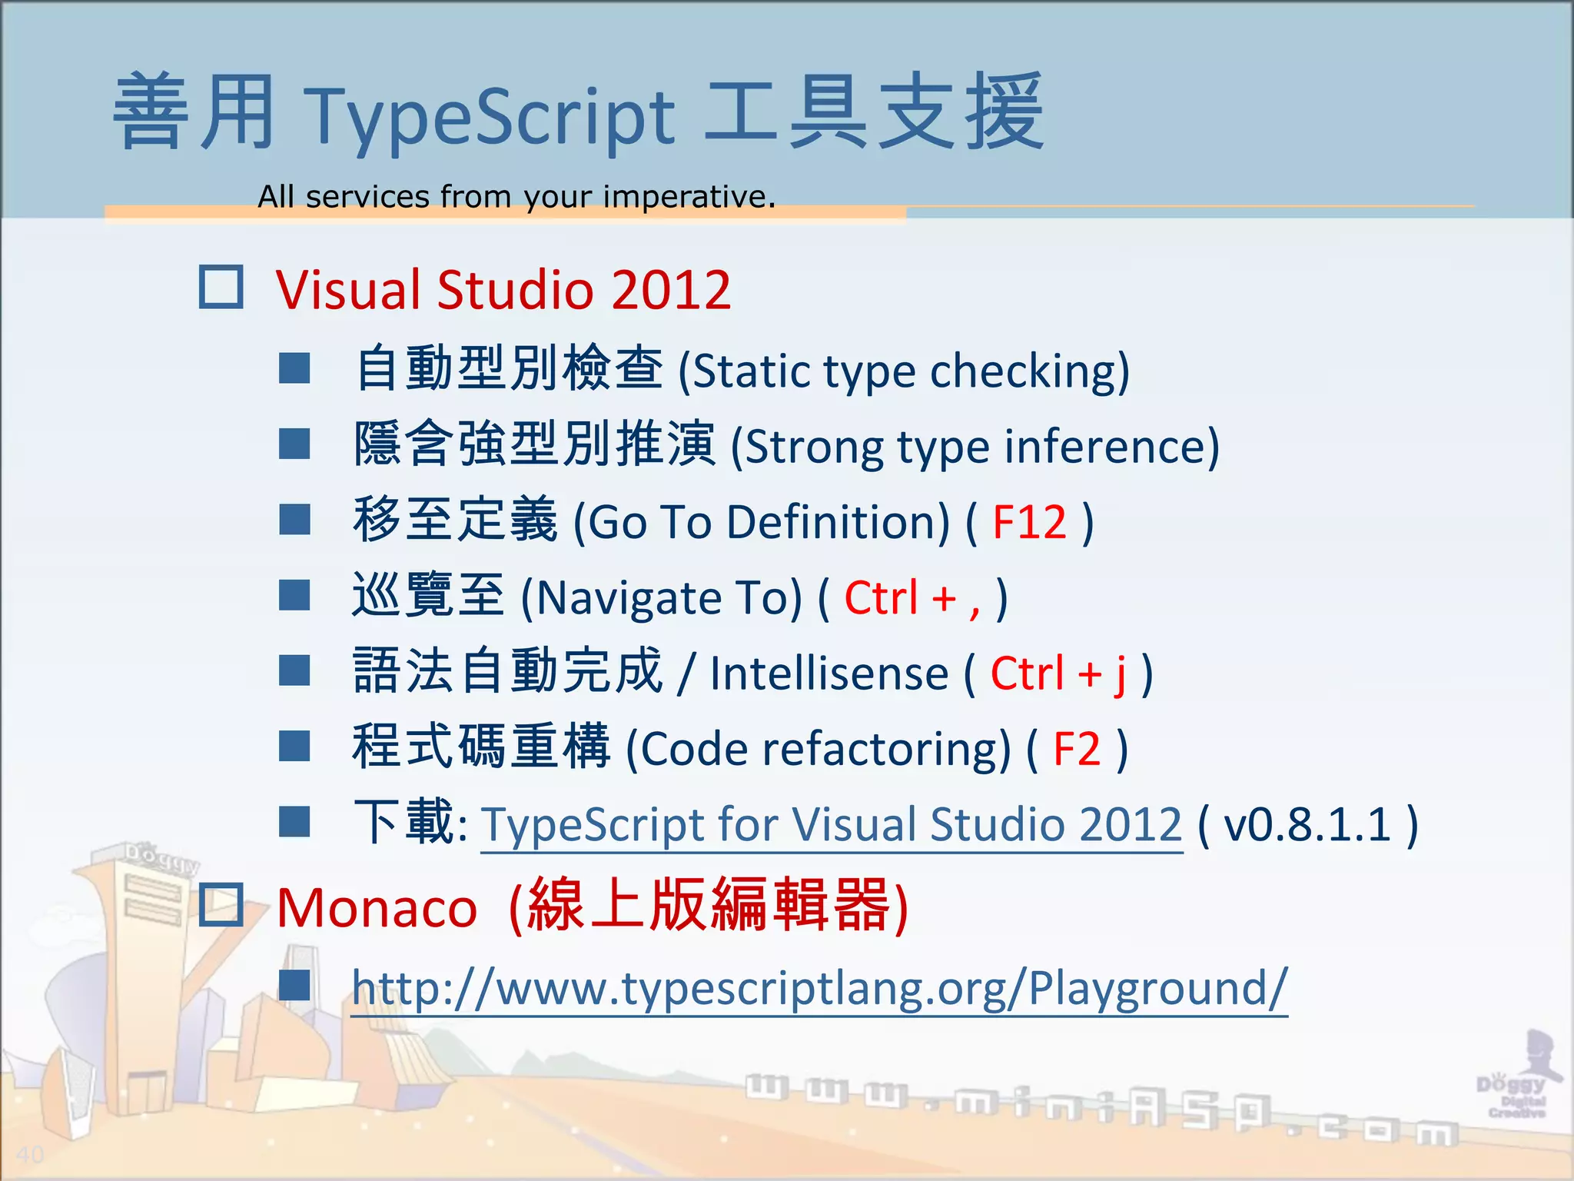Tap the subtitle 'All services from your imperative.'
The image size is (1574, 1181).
(516, 197)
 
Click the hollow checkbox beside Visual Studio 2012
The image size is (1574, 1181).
(221, 288)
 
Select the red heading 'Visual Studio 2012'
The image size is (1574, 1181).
(503, 290)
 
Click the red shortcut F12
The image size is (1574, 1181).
(1029, 522)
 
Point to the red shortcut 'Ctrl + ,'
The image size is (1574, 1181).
(912, 597)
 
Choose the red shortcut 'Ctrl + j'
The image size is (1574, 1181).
(1058, 674)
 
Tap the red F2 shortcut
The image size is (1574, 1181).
(1077, 749)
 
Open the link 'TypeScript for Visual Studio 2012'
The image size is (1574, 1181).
(831, 824)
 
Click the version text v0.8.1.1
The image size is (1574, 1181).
(1307, 824)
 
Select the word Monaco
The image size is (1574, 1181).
(377, 908)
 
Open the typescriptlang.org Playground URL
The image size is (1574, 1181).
(819, 988)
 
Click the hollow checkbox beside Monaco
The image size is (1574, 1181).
(221, 904)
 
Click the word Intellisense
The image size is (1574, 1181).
(829, 674)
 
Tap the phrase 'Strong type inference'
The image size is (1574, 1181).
(975, 447)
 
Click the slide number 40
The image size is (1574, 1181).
(30, 1154)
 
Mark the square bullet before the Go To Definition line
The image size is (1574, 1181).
(294, 520)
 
